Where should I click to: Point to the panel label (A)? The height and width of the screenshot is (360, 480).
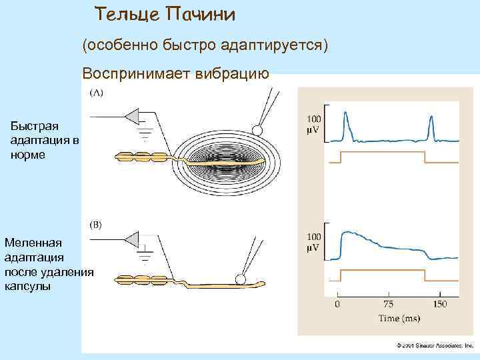tap(96, 94)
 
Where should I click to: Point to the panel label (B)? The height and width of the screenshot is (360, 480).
tap(96, 225)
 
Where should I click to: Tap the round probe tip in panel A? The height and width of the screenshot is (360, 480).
tap(256, 129)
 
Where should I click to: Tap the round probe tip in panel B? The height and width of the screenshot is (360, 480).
tap(240, 280)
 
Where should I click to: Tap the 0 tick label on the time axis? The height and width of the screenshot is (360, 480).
tap(337, 305)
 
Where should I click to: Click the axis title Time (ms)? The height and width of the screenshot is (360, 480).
tap(399, 318)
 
